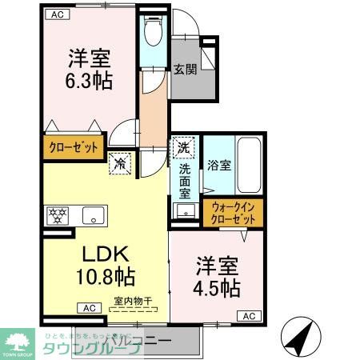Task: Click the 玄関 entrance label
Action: click(185, 69)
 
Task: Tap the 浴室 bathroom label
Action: click(219, 166)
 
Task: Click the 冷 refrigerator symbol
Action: click(120, 164)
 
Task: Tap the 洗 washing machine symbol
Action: click(184, 147)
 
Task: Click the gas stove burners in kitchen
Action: click(57, 215)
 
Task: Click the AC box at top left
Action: click(58, 14)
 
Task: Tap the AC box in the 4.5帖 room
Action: click(249, 315)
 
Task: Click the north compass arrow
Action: click(299, 337)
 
